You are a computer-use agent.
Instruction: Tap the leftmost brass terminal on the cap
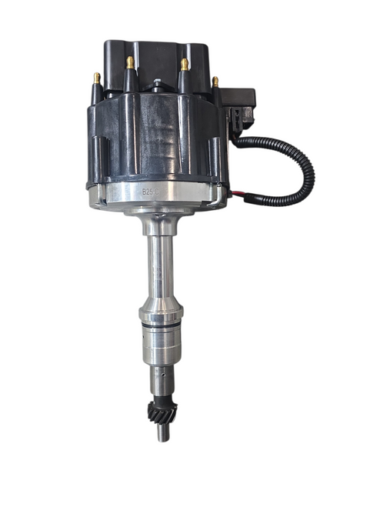(x=97, y=78)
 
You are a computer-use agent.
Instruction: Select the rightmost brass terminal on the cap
(x=215, y=81)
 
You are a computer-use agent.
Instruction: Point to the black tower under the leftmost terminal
(x=98, y=115)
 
